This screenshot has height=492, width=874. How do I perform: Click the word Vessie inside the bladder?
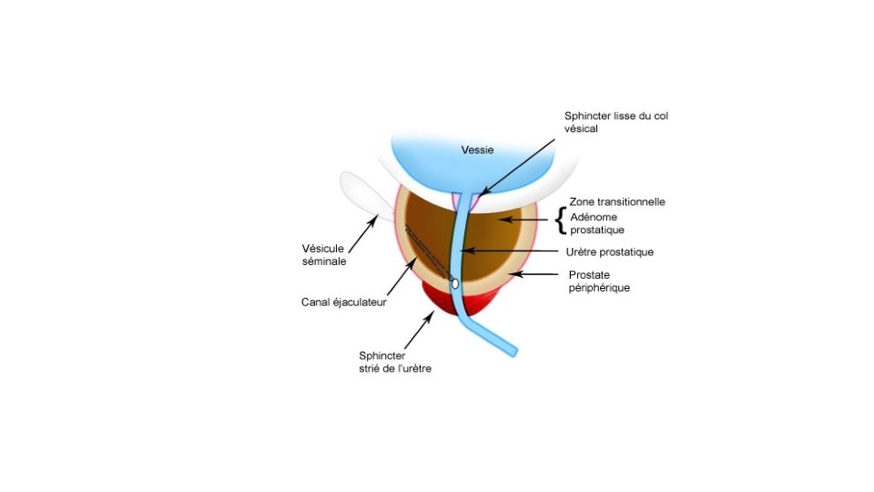point(476,149)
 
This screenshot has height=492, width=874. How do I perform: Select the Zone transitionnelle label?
point(616,201)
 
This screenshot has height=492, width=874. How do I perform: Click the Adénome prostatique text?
point(596,224)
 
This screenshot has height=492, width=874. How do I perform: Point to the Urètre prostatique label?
point(610,251)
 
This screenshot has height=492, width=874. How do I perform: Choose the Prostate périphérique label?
point(599,281)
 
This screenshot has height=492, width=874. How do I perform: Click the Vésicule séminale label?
point(325,253)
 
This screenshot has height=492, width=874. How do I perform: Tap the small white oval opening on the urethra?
point(455,283)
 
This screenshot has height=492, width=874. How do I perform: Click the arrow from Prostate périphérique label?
point(534,273)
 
